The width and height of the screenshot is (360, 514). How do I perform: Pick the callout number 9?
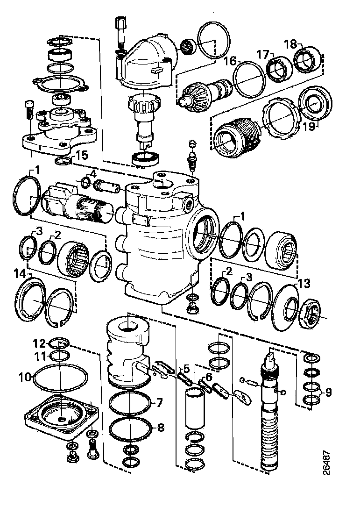pyautogui.click(x=328, y=392)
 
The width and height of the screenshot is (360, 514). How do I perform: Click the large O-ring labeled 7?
pyautogui.click(x=131, y=401)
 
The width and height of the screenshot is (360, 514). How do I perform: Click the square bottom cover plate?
pyautogui.click(x=62, y=416)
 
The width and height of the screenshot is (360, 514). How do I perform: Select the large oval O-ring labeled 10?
pyautogui.click(x=61, y=379)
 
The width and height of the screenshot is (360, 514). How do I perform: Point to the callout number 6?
pyautogui.click(x=208, y=376)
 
